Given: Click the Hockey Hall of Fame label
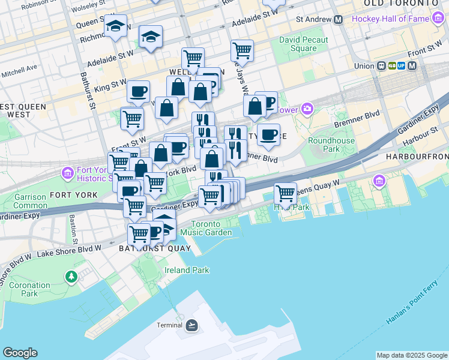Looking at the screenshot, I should (390, 19).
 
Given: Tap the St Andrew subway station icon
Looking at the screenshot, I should (338, 19).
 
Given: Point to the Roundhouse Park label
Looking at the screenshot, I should (323, 144).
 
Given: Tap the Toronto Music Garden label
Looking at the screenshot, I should (206, 227).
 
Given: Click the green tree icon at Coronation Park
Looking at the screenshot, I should (71, 277).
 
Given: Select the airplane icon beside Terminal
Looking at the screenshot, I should (191, 325).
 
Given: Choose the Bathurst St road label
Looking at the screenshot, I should (88, 91).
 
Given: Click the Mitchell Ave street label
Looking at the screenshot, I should (19, 71).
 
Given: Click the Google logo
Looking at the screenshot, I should (20, 353).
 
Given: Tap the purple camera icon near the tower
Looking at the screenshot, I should (307, 109).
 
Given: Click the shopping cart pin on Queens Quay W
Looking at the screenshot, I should (286, 193).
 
